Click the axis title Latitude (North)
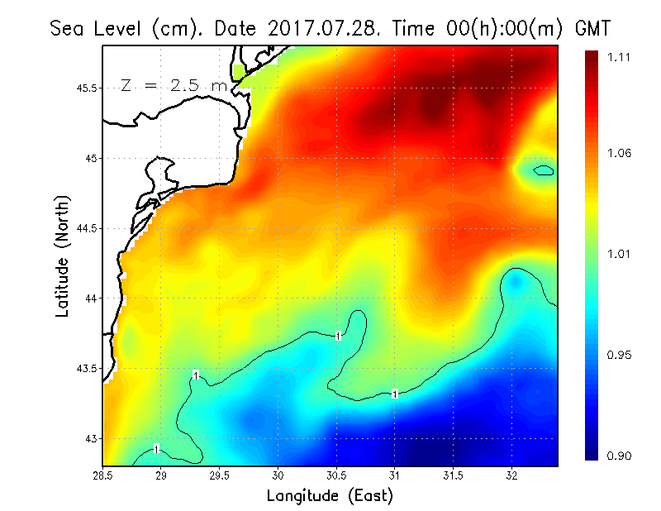(62, 255)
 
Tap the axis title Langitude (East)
(330, 496)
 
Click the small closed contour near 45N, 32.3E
(543, 171)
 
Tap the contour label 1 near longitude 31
(395, 394)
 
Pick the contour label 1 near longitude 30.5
(339, 335)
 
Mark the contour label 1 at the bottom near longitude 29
(156, 448)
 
